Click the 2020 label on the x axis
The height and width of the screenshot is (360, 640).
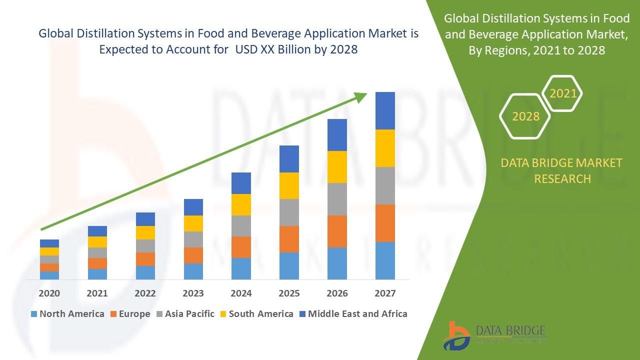[x=49, y=293]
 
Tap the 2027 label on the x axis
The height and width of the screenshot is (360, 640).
[x=385, y=293]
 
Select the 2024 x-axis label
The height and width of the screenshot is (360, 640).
[x=241, y=293]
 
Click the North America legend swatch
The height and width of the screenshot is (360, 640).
[x=34, y=314]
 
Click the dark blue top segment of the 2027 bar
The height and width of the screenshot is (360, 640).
[x=385, y=110]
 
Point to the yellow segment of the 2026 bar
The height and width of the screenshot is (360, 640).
[x=337, y=166]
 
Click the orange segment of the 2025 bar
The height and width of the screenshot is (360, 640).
[x=289, y=239]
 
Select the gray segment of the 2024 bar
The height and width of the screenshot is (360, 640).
[x=241, y=225]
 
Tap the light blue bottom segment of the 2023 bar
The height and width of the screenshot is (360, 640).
[x=193, y=271]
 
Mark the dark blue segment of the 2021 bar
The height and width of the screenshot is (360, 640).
[x=97, y=231]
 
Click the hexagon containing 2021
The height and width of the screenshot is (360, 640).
[x=562, y=93]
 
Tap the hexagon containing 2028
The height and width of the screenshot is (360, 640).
[x=525, y=116]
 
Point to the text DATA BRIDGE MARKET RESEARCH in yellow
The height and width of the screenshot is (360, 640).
[x=562, y=170]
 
